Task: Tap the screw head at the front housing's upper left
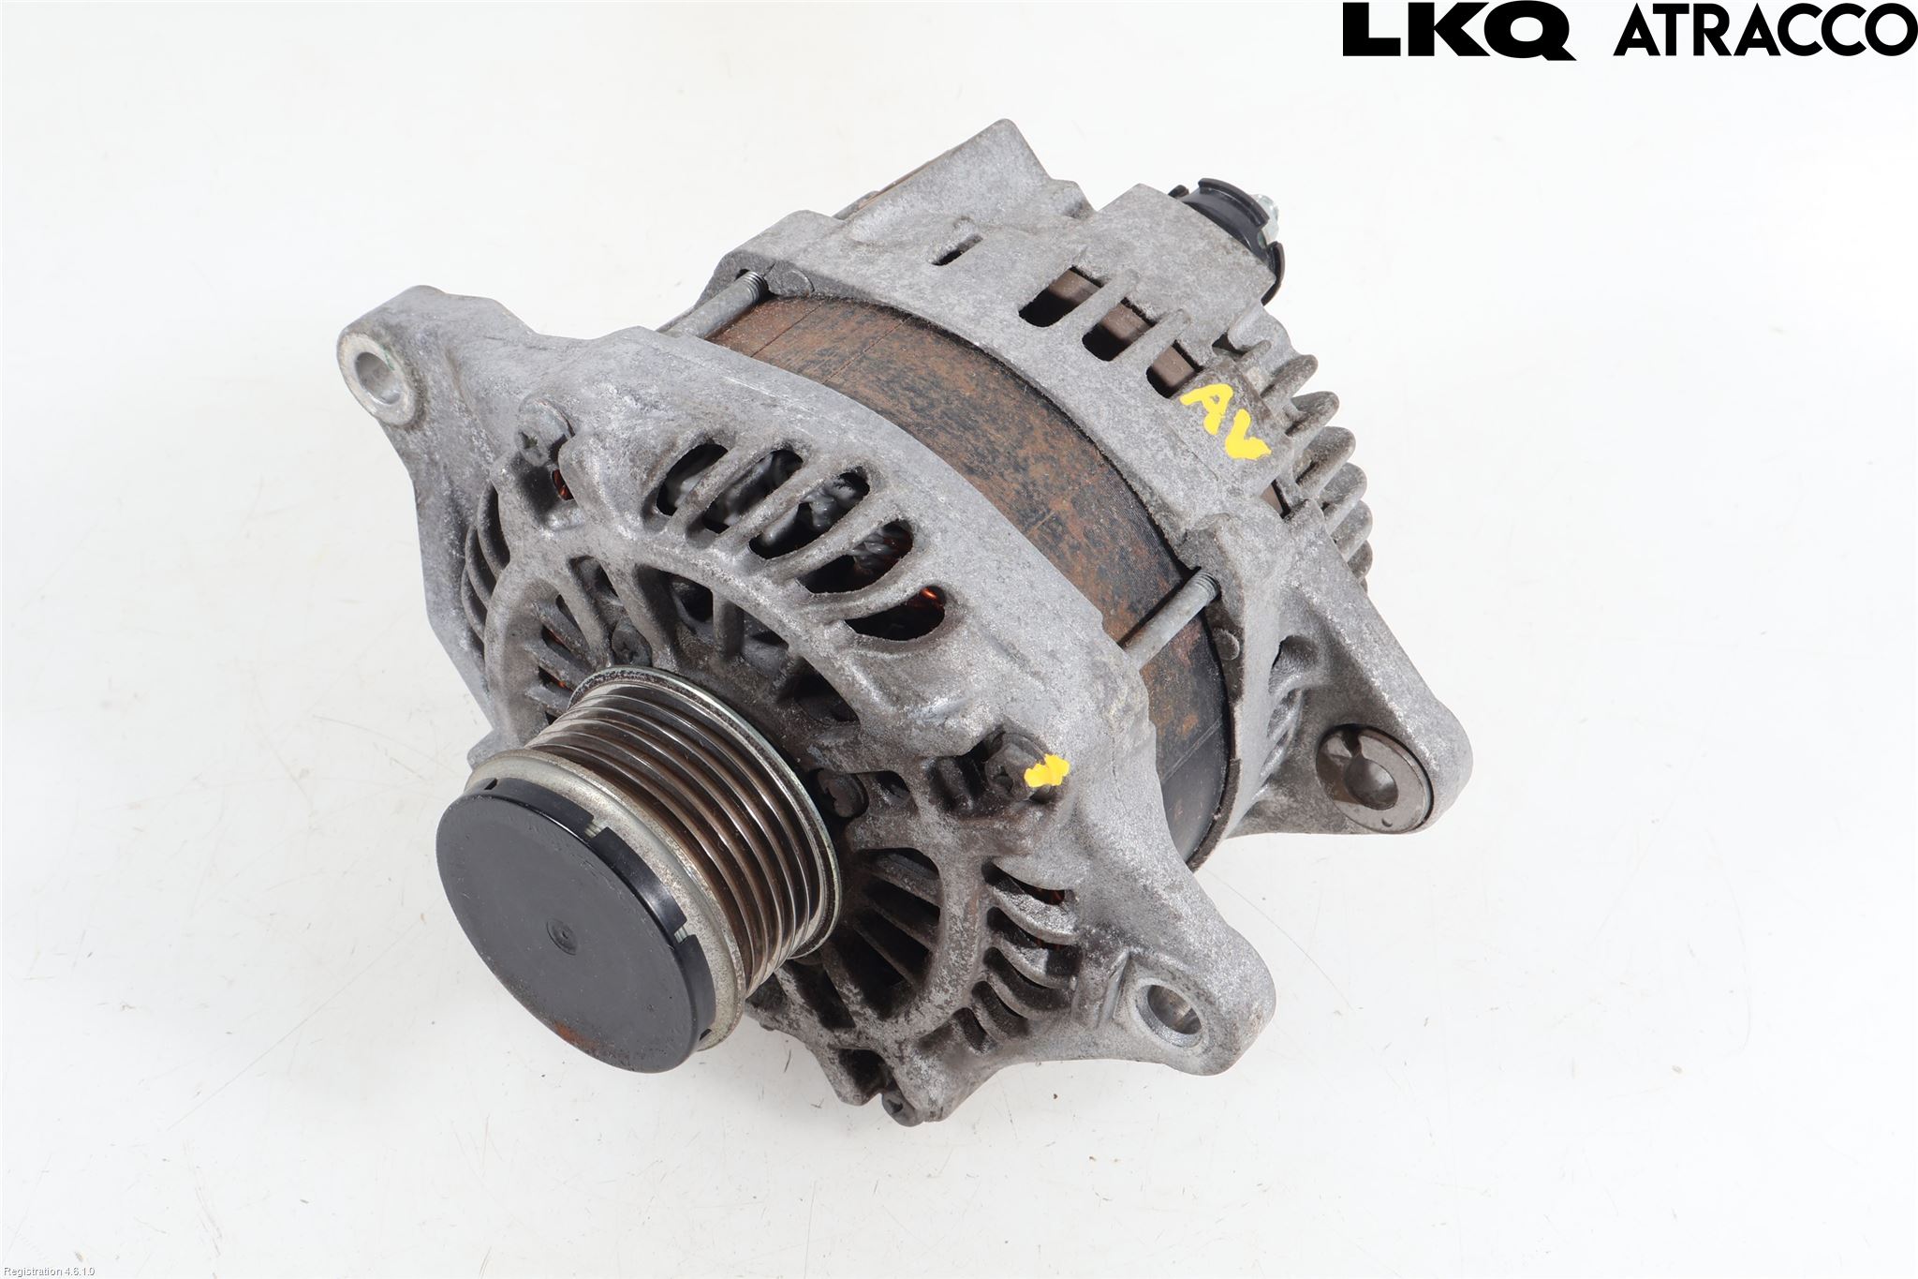coord(544,431)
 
